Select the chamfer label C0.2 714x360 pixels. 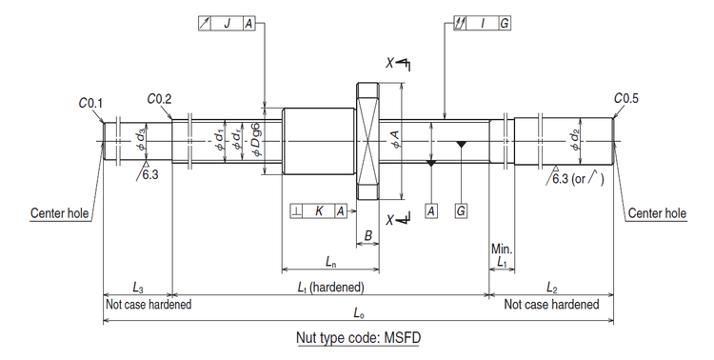point(159,97)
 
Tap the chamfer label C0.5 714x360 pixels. point(626,97)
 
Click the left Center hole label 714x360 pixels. point(61,214)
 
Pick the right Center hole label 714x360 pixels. point(657,214)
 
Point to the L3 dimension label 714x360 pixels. point(137,287)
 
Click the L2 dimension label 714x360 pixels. point(552,287)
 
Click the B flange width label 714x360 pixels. point(368,234)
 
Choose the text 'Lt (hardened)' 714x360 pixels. point(329,287)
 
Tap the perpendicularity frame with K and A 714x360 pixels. point(317,210)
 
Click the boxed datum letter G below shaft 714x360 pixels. point(461,210)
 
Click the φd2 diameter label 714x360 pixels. point(574,141)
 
